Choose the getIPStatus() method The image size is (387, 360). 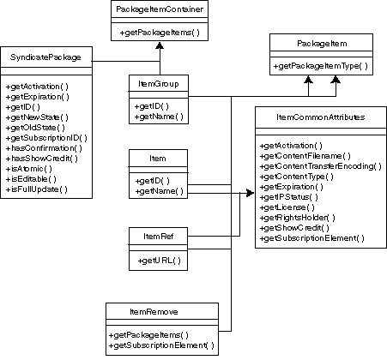pyautogui.click(x=288, y=196)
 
